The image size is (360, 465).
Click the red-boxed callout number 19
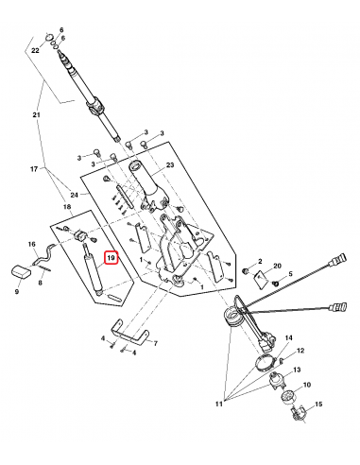pyautogui.click(x=111, y=258)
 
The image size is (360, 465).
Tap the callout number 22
pyautogui.click(x=34, y=48)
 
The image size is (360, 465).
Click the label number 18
pyautogui.click(x=67, y=206)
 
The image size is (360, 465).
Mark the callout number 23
pyautogui.click(x=171, y=165)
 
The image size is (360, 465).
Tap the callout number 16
pyautogui.click(x=31, y=244)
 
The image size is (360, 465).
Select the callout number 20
pyautogui.click(x=277, y=267)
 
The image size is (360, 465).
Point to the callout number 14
pyautogui.click(x=289, y=337)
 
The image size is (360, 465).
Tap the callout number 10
pyautogui.click(x=305, y=385)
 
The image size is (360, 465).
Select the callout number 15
pyautogui.click(x=318, y=405)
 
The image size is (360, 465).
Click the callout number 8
pyautogui.click(x=42, y=281)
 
